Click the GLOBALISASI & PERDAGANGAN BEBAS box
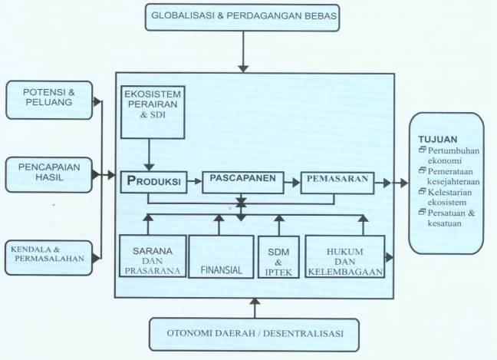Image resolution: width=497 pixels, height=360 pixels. [242, 18]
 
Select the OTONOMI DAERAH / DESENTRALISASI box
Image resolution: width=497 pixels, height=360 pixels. [254, 335]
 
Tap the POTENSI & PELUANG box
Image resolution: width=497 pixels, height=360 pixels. [49, 100]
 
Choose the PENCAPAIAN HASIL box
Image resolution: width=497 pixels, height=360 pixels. [49, 175]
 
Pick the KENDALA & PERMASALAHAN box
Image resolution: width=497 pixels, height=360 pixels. [49, 258]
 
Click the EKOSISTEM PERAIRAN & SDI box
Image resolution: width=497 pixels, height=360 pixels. [153, 112]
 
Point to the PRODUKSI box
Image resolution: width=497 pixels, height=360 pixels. [153, 182]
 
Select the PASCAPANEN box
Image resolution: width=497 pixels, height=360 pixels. [243, 183]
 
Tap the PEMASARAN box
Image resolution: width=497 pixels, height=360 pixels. [337, 183]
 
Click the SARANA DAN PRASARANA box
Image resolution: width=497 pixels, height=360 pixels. [153, 256]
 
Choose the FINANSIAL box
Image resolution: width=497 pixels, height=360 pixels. [221, 256]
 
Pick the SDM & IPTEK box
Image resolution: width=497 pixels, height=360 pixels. [278, 257]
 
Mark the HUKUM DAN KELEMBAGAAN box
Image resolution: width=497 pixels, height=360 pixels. [345, 256]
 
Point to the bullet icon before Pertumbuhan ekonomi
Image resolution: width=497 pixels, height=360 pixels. [422, 149]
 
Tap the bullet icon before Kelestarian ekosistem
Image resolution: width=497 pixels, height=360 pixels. [422, 191]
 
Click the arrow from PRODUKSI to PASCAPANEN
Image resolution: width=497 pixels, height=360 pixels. [195, 181]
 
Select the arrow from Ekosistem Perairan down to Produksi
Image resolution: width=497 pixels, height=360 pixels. [149, 155]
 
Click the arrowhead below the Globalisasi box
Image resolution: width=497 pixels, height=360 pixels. [243, 69]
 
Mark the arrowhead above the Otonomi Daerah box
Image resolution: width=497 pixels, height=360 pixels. [255, 302]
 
